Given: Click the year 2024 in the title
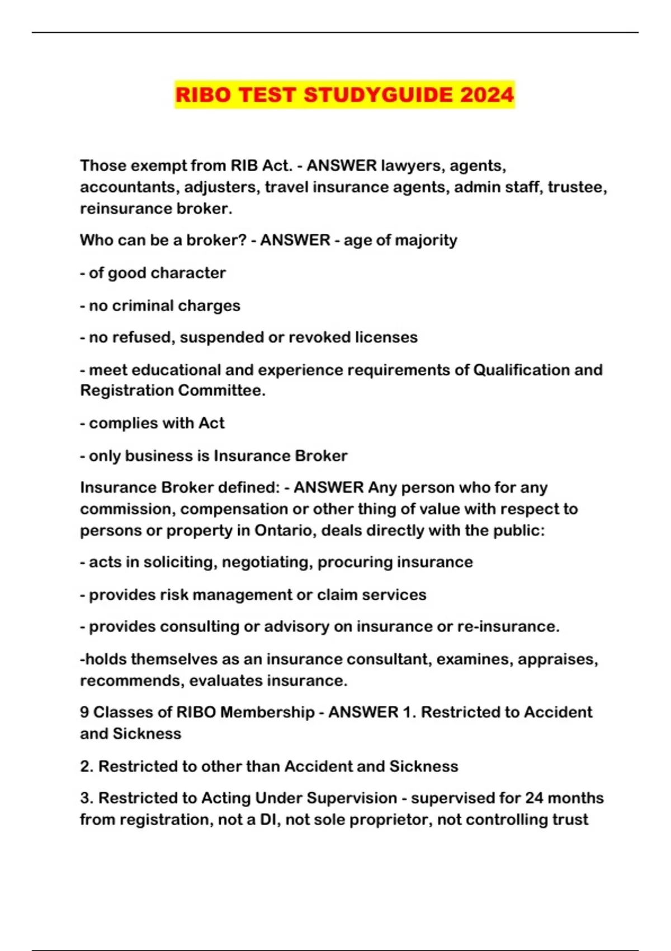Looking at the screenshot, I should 486,95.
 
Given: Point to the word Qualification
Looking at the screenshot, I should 522,370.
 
